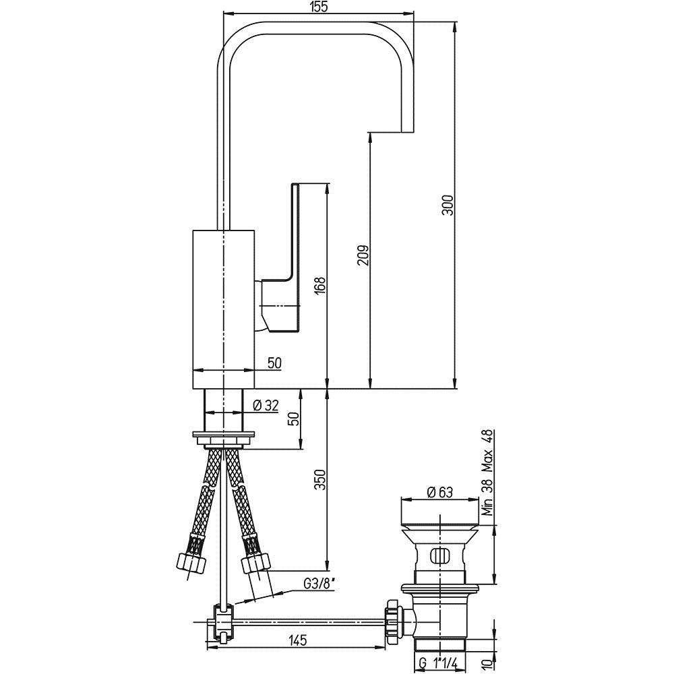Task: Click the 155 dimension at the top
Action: coord(318,7)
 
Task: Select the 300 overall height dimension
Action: coord(448,206)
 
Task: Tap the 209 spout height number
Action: coord(363,255)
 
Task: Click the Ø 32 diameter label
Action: coord(266,405)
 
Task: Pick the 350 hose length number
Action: coord(321,480)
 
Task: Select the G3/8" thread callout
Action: coord(319,584)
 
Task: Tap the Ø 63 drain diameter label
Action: coord(439,492)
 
